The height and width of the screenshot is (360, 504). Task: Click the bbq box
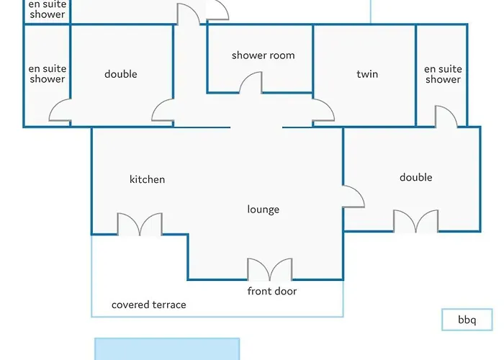click(467, 320)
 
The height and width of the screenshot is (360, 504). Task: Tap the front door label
click(272, 291)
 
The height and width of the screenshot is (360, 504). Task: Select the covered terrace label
click(149, 305)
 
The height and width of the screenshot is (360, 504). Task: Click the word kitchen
click(147, 179)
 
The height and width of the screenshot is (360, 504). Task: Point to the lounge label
click(264, 210)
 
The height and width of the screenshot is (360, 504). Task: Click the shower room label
click(264, 55)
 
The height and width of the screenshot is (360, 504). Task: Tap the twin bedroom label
click(367, 74)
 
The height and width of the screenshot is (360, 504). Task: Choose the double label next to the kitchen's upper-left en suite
click(121, 74)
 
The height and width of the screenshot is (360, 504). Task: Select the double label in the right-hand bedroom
click(416, 177)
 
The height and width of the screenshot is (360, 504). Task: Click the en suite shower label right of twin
click(443, 74)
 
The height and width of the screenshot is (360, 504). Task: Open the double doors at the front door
click(270, 269)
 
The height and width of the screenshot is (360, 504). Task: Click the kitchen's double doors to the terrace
click(140, 224)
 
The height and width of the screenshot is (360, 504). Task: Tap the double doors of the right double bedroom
click(416, 221)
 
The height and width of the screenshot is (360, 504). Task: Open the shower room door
click(251, 83)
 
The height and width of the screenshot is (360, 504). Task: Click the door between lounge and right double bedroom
click(354, 197)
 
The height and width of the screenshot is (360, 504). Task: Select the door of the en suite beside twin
click(446, 117)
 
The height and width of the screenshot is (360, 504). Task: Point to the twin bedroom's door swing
click(323, 110)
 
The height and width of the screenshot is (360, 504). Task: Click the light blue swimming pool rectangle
click(167, 349)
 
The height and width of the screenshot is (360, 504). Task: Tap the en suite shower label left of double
click(48, 74)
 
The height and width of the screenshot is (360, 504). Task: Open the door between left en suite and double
click(60, 110)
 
